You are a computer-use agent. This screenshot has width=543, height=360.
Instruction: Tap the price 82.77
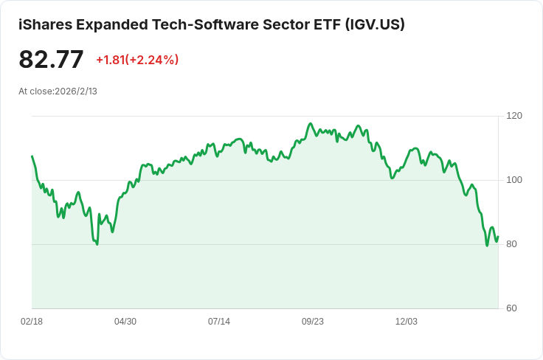(51, 60)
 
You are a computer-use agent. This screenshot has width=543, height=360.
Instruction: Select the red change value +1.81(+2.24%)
(137, 60)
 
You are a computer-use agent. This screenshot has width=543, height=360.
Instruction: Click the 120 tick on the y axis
(514, 116)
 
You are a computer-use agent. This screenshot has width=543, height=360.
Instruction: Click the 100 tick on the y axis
(514, 180)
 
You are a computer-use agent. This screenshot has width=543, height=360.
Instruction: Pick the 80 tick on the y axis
(512, 244)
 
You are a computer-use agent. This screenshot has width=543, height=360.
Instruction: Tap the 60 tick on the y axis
(512, 308)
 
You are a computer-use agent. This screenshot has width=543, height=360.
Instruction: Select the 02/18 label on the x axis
(32, 322)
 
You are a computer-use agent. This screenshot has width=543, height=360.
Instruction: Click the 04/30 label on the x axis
(125, 322)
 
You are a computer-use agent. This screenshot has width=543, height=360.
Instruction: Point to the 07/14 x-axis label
(219, 322)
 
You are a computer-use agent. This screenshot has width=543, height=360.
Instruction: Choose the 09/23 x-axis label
(313, 322)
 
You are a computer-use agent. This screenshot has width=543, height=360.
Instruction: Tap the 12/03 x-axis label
(407, 322)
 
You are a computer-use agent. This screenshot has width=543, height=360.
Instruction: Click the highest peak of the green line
(311, 124)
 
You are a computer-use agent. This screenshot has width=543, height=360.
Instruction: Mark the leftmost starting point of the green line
(32, 156)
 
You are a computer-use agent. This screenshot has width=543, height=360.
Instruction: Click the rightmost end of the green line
(498, 237)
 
